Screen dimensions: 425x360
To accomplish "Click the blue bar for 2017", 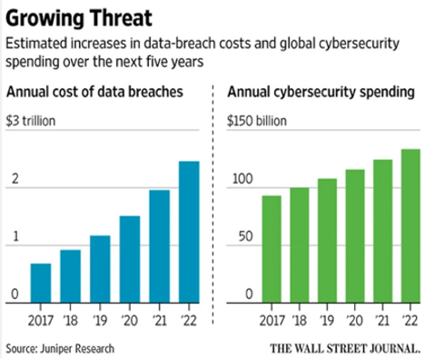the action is point(41,283).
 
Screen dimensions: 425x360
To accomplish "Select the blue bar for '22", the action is point(189,232).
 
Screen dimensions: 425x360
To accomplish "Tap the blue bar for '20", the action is point(130,259).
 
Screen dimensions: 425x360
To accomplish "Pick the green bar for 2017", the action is point(272,249).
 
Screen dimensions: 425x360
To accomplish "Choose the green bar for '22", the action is point(410,225).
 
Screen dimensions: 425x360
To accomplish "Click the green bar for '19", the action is point(327,241).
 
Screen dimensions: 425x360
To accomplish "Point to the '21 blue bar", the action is point(160,246).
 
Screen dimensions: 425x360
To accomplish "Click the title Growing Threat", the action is point(79,18).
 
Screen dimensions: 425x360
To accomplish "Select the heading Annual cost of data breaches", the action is point(94,92).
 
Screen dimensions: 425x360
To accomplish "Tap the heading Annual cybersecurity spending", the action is point(321,92).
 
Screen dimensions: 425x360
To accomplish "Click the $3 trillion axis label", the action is point(31,121).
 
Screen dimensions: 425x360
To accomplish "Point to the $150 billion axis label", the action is point(257,121).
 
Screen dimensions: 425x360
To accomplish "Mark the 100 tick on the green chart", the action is point(242,179).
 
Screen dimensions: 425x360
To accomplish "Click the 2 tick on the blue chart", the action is point(15,179).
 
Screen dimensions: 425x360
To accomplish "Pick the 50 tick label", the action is point(245,236).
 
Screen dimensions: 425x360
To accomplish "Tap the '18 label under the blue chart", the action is point(71,320).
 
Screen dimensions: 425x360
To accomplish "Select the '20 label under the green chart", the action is point(355,320).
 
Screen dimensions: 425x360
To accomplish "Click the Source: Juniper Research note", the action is point(60,349).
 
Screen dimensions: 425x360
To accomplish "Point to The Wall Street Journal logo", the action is point(345,348).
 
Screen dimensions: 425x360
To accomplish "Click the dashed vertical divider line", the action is point(213,205).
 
